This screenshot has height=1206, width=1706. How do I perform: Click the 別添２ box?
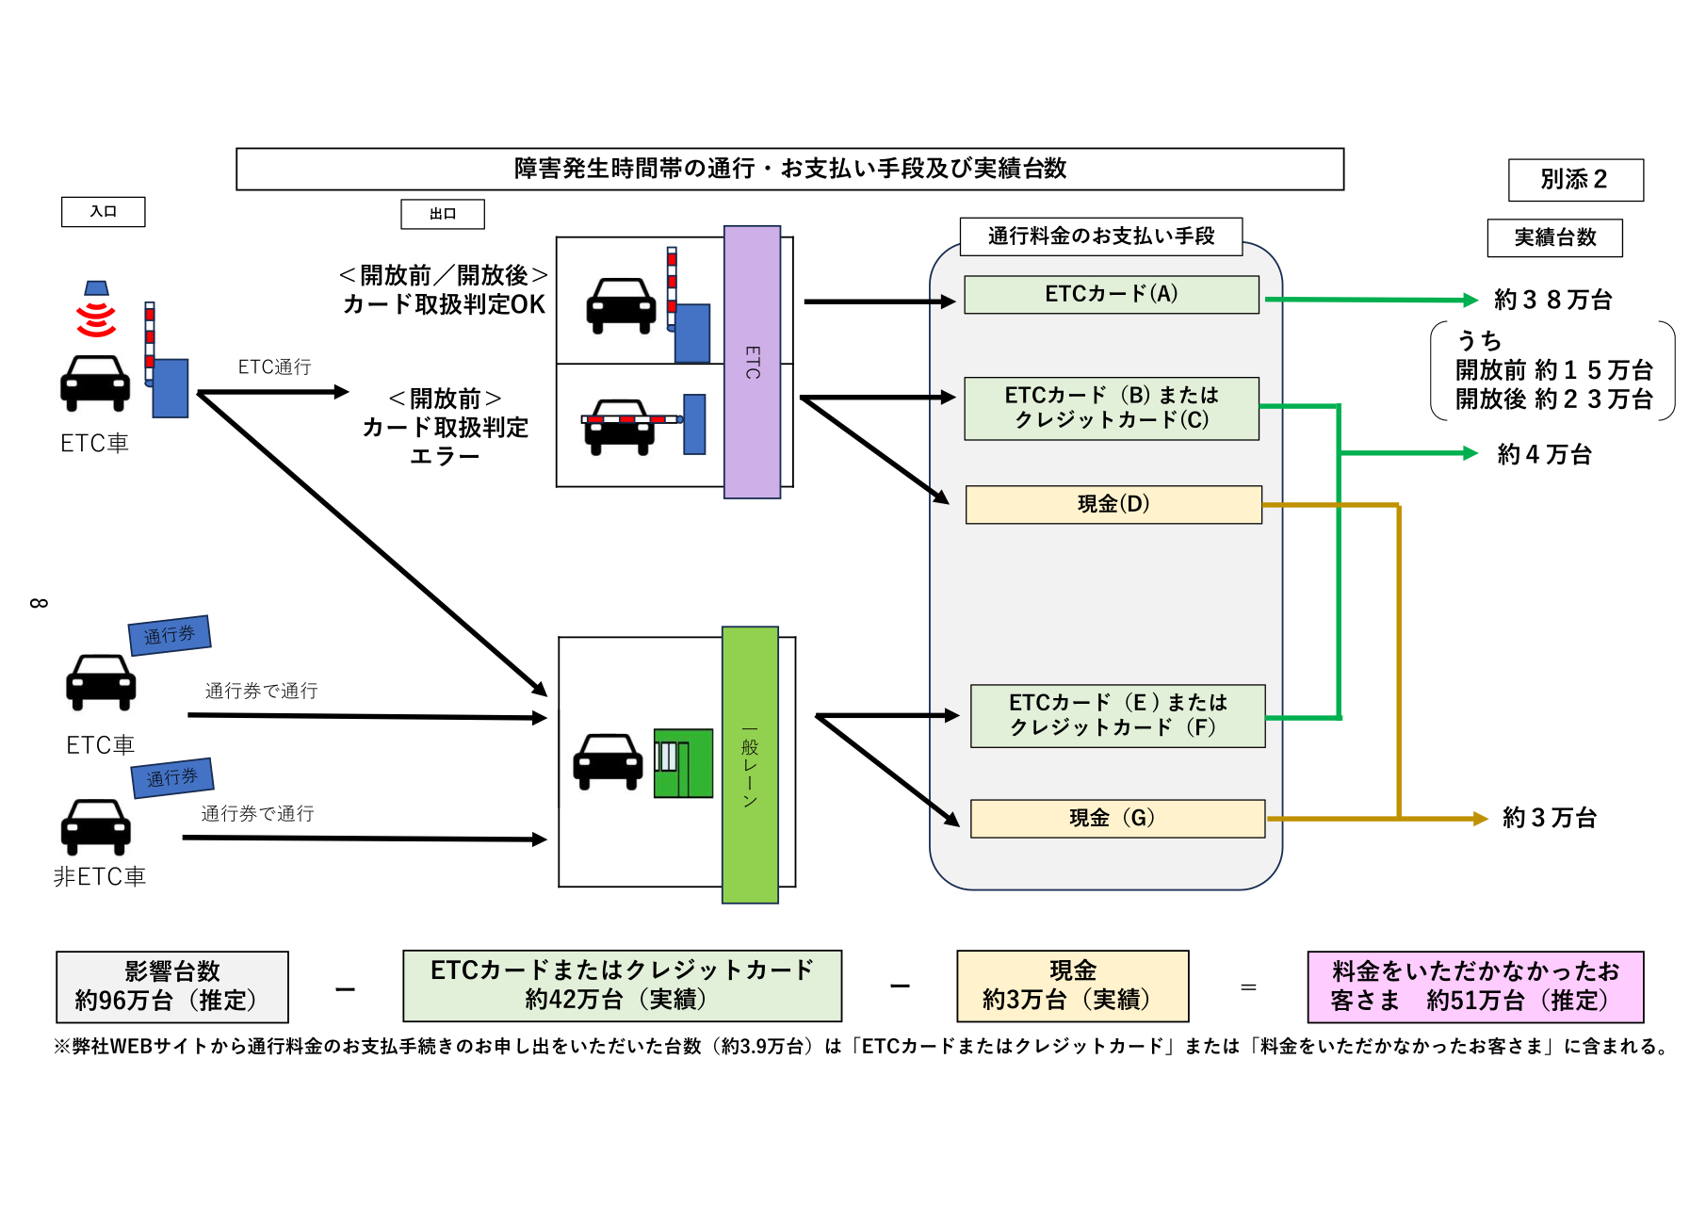point(1575,180)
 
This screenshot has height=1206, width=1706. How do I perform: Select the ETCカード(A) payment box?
point(1112,294)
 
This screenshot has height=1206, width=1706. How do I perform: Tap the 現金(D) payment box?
point(1113,504)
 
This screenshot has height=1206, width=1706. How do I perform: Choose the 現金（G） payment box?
point(1117,818)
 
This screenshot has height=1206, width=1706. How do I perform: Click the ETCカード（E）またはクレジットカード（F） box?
point(1117,715)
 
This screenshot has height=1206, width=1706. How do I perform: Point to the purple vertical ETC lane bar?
point(752,362)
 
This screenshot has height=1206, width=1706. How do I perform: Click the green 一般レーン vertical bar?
point(750,764)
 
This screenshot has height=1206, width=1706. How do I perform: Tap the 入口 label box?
point(104,212)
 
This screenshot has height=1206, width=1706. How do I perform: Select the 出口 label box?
point(443,214)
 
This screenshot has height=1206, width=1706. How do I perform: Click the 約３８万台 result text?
point(1552,300)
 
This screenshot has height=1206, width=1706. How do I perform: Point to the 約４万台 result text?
point(1544,454)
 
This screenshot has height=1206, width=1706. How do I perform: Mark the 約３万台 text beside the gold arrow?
point(1549,817)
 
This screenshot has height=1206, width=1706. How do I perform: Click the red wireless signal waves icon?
point(96,318)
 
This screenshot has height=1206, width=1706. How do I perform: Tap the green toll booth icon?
point(683,762)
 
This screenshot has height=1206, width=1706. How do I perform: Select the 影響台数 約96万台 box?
point(172,986)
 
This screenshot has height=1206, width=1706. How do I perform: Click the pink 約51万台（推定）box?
point(1474,986)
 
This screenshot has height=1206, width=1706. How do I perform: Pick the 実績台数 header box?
point(1554,237)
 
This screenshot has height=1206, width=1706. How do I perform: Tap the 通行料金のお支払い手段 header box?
point(1100,236)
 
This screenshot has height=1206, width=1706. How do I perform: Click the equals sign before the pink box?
point(1248,987)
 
